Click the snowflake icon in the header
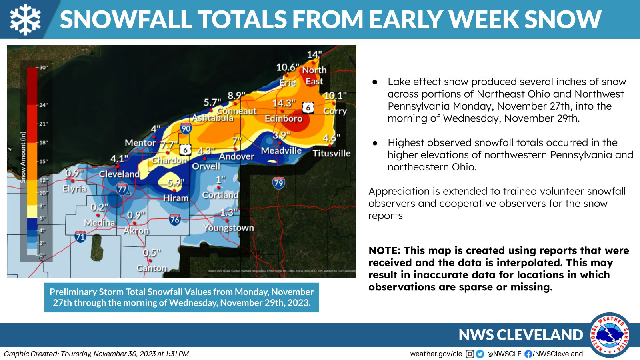point(25,19)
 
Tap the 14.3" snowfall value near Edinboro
point(284,104)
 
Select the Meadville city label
point(281,151)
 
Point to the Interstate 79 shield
point(278,183)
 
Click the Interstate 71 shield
point(80,236)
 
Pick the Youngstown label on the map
point(228,228)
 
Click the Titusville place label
point(331,153)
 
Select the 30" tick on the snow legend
point(43,68)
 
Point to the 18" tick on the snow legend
point(43,142)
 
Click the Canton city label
point(152,268)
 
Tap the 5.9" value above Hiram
point(176,183)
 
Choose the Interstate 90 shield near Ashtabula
point(186,128)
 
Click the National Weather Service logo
point(610,335)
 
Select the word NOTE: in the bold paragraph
point(384,251)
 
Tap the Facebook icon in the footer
point(528,354)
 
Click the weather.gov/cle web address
point(436,354)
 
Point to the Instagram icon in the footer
point(470,354)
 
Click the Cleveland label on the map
point(119,174)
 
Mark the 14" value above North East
point(314,55)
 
